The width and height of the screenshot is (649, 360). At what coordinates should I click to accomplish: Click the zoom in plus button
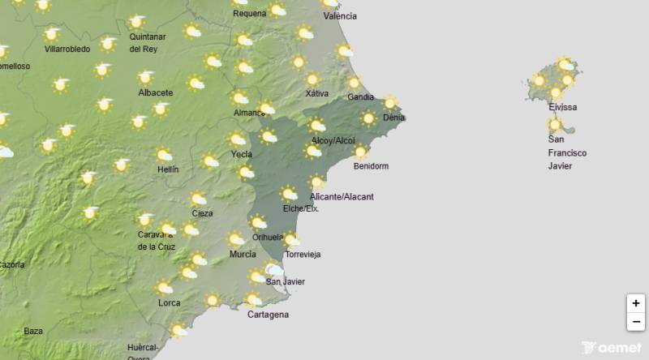coord(636,303)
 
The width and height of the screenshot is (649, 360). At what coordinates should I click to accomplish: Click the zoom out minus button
coord(636,322)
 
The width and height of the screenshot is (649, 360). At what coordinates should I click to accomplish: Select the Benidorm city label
coord(371,166)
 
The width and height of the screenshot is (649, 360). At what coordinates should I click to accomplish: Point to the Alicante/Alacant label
coord(342,197)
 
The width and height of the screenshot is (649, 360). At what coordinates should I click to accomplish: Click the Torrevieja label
coord(303,255)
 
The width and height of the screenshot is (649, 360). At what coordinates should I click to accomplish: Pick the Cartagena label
coord(268,315)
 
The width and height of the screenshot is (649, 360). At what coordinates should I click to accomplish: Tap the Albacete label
coord(156,92)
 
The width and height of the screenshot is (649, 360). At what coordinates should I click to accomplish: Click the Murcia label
coord(243,255)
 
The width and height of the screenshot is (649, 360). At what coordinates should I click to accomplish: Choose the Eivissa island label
coord(562,108)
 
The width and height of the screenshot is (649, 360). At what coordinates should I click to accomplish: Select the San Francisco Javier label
coord(566,153)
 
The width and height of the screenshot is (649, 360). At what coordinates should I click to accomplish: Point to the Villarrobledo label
coord(67,49)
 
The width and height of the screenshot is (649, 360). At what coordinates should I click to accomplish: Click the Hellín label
coord(168,169)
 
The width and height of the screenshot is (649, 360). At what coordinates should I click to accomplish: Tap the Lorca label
coord(170,303)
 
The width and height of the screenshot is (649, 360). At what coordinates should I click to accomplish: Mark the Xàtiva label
coord(316,93)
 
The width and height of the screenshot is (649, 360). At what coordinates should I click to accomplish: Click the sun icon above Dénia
coord(391,103)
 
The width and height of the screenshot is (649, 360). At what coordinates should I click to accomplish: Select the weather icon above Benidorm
coord(360,152)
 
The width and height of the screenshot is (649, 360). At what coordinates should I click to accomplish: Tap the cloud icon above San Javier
coord(275,270)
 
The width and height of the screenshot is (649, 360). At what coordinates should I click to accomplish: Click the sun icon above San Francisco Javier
coord(556,125)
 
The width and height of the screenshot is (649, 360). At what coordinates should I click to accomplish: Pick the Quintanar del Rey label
coord(148,42)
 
